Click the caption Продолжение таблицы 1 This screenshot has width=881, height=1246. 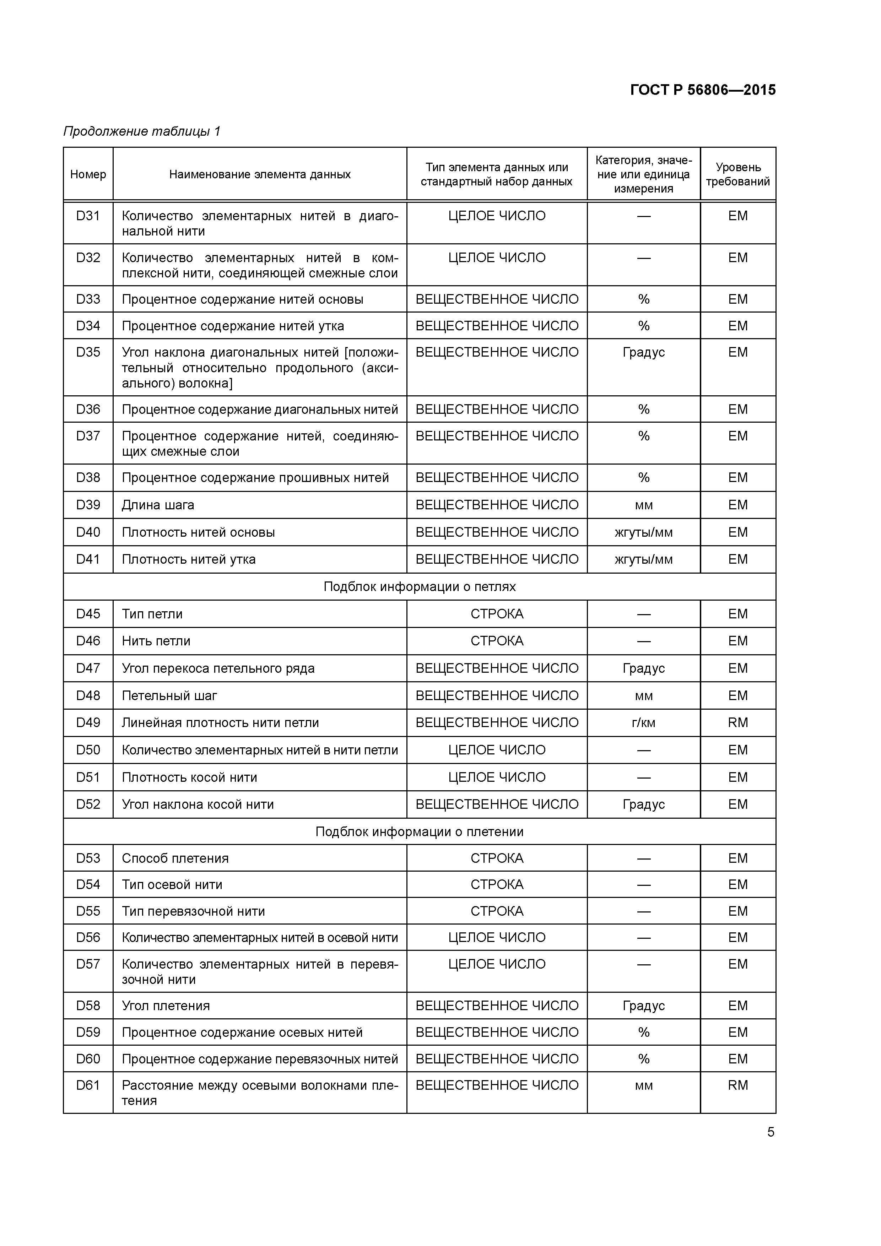tap(142, 131)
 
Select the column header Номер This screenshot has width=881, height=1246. tap(88, 174)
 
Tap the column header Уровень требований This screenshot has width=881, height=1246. tap(738, 174)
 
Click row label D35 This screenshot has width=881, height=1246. tap(88, 352)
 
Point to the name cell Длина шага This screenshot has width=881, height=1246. tap(158, 505)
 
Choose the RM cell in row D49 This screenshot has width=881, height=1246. tap(738, 722)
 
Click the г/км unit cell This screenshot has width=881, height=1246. tap(643, 722)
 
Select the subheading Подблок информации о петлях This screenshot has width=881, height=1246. tap(419, 587)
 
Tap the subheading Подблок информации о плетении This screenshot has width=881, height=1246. tap(419, 831)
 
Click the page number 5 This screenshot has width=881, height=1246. tap(770, 1132)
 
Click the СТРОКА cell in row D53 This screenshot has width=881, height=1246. tap(497, 858)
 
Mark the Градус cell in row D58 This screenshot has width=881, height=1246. tap(643, 1006)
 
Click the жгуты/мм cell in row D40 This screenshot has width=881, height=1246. tap(643, 532)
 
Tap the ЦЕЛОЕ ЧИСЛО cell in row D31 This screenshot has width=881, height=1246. tap(497, 216)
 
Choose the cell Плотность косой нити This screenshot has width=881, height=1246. tap(189, 777)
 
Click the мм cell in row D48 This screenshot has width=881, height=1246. tap(643, 696)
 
